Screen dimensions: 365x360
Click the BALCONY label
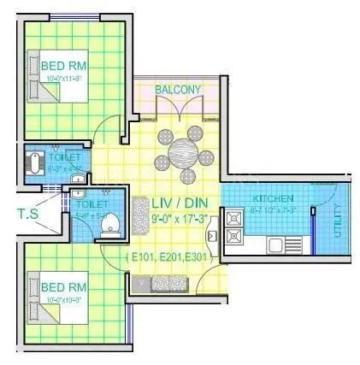(178, 89)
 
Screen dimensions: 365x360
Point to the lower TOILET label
(90, 204)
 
